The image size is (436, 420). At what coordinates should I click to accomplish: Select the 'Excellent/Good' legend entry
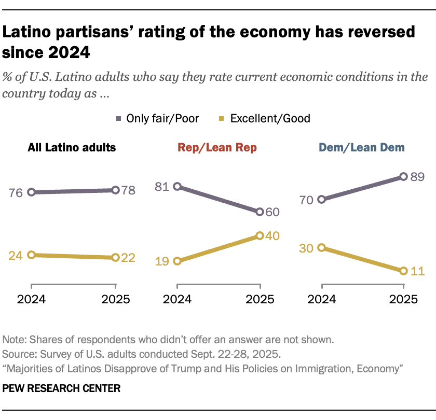point(270,118)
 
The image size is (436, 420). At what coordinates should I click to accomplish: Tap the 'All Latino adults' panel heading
point(72,148)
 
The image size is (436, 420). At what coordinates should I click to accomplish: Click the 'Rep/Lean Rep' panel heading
point(217,148)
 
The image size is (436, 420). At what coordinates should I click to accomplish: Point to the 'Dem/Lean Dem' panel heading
point(362,148)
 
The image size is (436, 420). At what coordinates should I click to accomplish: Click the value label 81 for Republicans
point(162,186)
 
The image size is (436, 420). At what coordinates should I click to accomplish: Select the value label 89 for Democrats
point(417,177)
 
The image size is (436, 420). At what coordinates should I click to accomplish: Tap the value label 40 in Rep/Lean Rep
point(272,236)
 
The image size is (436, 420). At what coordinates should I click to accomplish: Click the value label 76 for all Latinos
point(17,192)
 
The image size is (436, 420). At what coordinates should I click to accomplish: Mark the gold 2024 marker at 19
point(177,261)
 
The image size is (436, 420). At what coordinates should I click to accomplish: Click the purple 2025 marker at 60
point(260,212)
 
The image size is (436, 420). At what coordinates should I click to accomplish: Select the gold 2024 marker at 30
point(322,248)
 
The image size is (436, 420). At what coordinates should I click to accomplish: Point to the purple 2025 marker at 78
point(115,190)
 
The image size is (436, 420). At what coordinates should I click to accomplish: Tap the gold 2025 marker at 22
point(115,258)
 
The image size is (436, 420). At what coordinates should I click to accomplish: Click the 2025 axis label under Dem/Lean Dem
point(404,299)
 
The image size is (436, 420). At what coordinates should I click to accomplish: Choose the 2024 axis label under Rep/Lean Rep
point(177,299)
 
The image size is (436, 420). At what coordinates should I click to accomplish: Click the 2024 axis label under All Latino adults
point(32,299)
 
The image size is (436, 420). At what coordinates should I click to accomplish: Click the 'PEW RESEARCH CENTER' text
point(61,388)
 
